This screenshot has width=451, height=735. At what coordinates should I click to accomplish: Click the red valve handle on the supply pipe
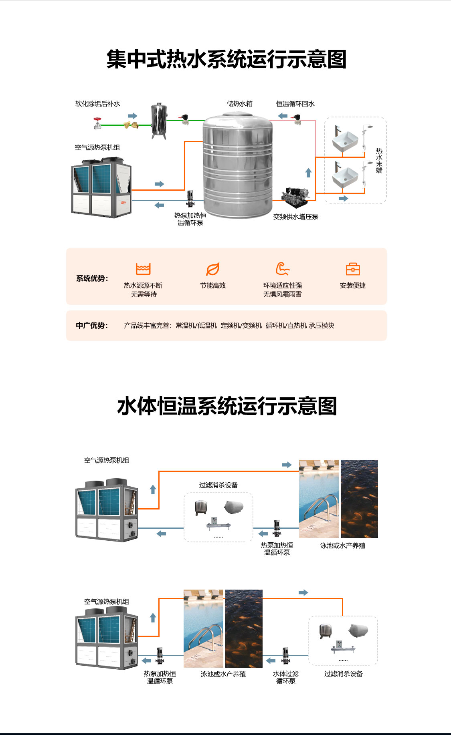(x=97, y=119)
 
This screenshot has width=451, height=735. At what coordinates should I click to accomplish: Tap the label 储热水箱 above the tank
(x=240, y=104)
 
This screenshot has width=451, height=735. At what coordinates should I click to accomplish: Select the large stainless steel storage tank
(x=238, y=165)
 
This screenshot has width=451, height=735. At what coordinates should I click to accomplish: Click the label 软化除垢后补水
(x=98, y=104)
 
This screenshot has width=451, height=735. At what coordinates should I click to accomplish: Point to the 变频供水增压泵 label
(x=296, y=217)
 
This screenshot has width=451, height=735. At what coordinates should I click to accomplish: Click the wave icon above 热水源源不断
(x=143, y=269)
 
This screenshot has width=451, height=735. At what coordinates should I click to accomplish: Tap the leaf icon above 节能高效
(x=213, y=269)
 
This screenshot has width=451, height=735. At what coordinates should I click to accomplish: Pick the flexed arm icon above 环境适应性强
(x=283, y=269)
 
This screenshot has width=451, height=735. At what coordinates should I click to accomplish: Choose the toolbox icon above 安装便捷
(x=353, y=269)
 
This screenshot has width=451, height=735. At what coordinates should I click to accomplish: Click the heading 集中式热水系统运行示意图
(x=227, y=59)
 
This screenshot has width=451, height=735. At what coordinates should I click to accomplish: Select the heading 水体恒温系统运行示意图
(x=227, y=406)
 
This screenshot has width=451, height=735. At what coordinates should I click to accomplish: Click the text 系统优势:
(x=92, y=278)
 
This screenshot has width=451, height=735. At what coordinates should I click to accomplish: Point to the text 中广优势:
(x=92, y=325)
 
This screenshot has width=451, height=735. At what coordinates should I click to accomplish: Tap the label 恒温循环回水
(x=295, y=104)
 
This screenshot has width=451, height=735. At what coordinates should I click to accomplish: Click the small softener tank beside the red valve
(x=159, y=121)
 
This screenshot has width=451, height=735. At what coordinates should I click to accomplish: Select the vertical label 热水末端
(x=379, y=161)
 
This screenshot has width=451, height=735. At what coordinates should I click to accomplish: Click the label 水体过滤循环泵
(x=286, y=677)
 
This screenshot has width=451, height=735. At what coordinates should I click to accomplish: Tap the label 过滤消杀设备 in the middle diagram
(x=218, y=485)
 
